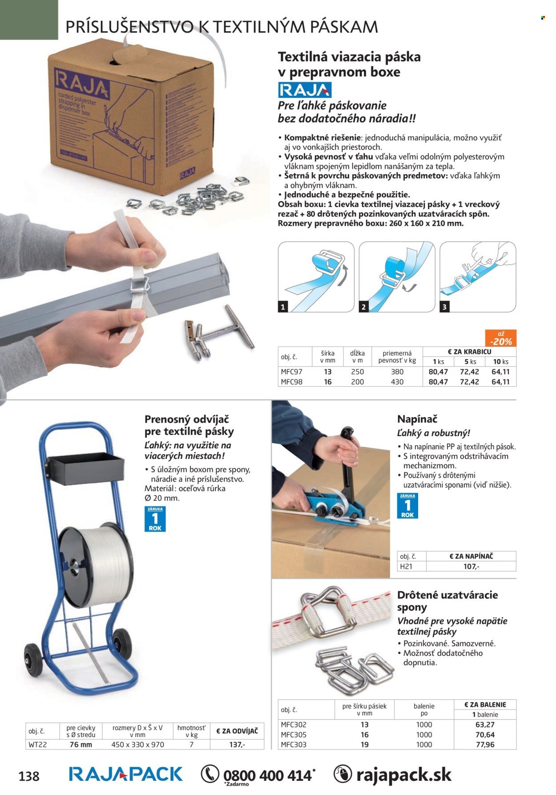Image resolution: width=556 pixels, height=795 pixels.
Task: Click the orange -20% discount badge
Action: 500,338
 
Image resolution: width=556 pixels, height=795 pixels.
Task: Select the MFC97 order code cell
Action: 291,372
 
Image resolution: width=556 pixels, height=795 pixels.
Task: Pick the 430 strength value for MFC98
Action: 397,381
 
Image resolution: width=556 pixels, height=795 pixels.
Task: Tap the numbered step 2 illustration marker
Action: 363,306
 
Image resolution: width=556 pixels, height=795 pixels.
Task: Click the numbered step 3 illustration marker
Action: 444,306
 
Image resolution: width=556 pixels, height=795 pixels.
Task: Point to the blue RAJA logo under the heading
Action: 305,90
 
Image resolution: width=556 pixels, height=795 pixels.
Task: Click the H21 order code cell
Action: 406,566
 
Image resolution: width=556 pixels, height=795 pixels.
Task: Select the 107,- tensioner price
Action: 471,566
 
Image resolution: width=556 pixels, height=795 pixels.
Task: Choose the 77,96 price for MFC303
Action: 485,744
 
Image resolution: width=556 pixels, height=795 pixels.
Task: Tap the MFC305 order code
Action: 294,734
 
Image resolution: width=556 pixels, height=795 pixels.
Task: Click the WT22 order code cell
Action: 37,744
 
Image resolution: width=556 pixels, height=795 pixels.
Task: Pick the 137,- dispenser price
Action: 237,744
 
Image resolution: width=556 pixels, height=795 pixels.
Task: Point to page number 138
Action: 29,776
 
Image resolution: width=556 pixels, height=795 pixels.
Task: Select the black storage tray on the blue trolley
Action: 86,469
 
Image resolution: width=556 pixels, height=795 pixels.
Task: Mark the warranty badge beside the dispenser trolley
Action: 155,519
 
